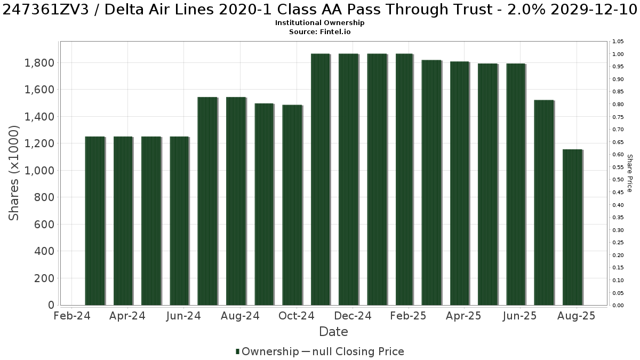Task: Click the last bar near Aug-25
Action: tap(573, 227)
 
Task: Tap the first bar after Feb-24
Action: tap(95, 221)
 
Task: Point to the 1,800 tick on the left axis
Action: tap(39, 63)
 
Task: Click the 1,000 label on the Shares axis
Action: tap(39, 171)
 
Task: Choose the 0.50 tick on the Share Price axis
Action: tap(618, 180)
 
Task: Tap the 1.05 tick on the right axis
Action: tap(618, 42)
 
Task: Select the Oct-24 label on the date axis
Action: tap(297, 316)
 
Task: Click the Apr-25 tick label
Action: tap(463, 316)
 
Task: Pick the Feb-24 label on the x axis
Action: tap(72, 316)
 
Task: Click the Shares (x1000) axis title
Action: tap(14, 173)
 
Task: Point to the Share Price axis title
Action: tap(630, 173)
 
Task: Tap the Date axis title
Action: tap(333, 332)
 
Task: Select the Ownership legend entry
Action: tap(267, 351)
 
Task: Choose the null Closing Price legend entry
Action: tap(353, 351)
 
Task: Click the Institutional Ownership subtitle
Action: tap(319, 23)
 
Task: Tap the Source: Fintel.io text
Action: tap(319, 31)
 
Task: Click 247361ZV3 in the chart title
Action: tap(49, 10)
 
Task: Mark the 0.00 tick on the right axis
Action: tap(618, 306)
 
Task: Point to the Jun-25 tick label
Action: tap(519, 316)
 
